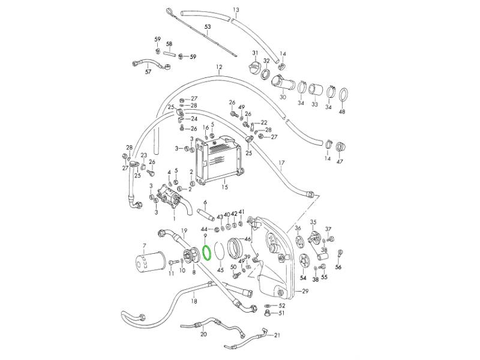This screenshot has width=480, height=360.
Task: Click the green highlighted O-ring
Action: click(x=203, y=253)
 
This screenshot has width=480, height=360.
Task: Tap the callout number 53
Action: click(x=208, y=27)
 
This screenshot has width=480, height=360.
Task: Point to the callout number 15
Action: click(x=224, y=187)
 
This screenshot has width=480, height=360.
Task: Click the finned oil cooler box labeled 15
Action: click(x=219, y=160)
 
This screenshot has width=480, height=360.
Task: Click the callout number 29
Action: click(x=305, y=291)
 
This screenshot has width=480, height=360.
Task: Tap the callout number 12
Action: click(x=219, y=67)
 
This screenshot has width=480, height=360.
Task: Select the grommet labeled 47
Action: click(x=340, y=148)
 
